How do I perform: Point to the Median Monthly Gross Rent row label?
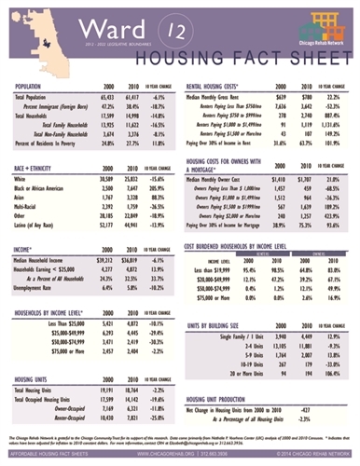click(224, 97)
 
